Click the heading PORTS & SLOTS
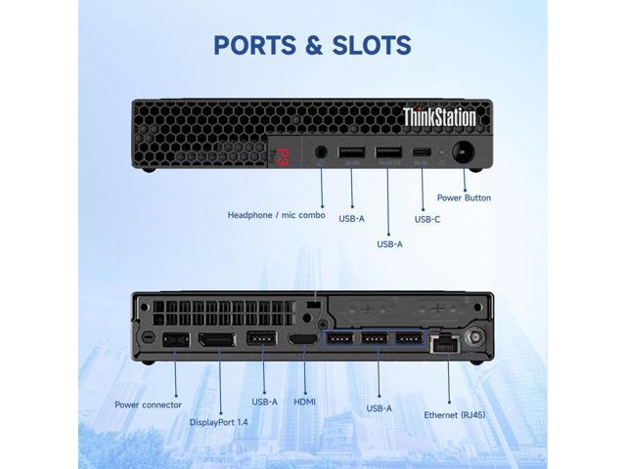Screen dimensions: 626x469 pos(312,45)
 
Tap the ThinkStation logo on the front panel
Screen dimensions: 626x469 pos(439,117)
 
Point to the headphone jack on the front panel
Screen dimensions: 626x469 pos(323,152)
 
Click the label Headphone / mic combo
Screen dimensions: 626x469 pos(277,215)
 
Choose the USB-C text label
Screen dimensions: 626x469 pos(427,219)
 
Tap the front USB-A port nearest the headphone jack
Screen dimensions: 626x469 pos(352,152)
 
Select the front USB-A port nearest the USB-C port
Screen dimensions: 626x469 pos(388,152)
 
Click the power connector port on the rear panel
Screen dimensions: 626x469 pos(176,340)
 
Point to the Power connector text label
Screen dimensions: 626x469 pos(148,405)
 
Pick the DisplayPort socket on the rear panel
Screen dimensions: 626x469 pos(216,340)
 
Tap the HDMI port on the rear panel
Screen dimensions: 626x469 pos(300,340)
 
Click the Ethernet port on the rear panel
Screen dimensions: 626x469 pos(448,342)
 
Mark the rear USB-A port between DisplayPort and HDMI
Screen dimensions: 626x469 pos(260,340)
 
